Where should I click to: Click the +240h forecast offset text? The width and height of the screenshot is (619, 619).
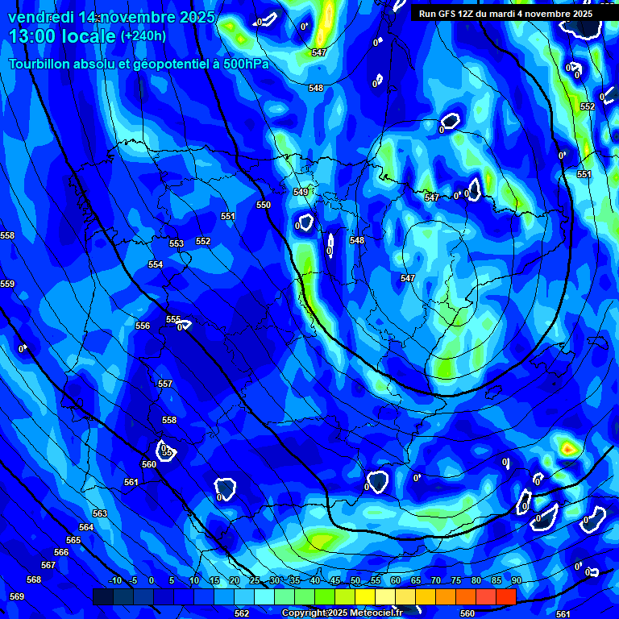pos(143,36)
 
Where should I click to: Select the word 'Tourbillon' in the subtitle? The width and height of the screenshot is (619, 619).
pos(41,64)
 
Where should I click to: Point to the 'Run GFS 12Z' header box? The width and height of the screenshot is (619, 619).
pos(505,14)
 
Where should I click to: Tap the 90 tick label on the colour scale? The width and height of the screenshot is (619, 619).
pos(516,580)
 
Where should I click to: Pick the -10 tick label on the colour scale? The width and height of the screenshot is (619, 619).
pos(115,580)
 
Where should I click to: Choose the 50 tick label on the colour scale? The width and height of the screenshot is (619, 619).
pos(355,580)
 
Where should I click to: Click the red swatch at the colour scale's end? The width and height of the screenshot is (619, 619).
pos(505,596)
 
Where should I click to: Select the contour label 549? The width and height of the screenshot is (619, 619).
pos(301,192)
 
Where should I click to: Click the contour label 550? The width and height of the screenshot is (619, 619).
pos(264,206)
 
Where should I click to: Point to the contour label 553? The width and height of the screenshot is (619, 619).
pos(177,243)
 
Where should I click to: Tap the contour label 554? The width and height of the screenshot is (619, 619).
pos(156,264)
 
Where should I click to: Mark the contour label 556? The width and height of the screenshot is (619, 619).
pos(143,326)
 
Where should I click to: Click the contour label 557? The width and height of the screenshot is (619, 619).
pos(165,384)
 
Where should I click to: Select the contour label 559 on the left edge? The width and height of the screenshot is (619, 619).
pos(7,285)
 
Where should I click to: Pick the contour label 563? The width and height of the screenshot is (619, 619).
pos(100,513)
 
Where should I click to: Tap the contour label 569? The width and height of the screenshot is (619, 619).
pos(17,597)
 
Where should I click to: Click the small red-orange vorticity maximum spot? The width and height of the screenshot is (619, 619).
pos(568,447)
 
